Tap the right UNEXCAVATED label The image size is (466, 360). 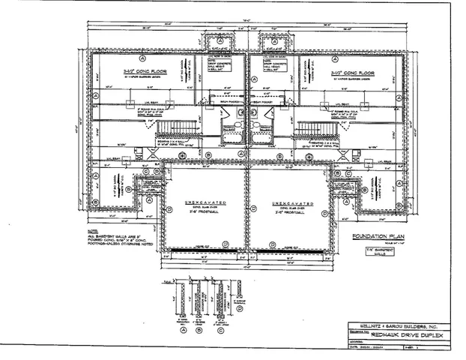click(x=288, y=202)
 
